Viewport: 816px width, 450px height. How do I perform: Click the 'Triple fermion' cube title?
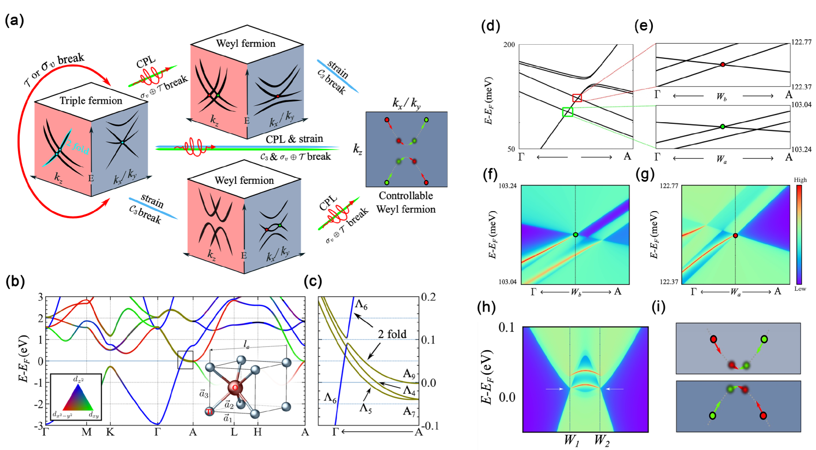tap(91, 100)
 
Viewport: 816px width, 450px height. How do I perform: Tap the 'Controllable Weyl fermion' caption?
tap(406, 202)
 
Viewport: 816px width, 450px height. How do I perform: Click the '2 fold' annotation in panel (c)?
tap(392, 334)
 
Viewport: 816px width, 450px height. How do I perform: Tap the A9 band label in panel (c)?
tap(409, 374)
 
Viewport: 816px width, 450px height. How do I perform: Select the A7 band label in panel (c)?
tap(409, 411)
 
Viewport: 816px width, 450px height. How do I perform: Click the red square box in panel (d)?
tap(577, 98)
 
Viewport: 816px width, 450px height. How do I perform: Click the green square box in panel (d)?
tap(567, 112)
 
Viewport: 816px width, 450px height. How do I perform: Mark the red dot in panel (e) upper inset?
tap(723, 64)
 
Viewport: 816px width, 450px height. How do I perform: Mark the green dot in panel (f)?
tap(575, 235)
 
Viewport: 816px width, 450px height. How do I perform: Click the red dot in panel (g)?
tap(735, 236)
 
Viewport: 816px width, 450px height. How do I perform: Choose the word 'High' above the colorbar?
tap(800, 180)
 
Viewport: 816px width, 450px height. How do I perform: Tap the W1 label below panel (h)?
tap(571, 440)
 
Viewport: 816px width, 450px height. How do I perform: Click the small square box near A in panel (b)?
tap(185, 360)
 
